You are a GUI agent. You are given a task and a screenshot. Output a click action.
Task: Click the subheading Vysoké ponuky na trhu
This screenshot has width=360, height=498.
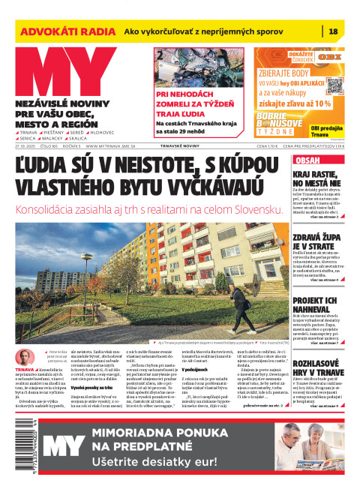click(82, 388)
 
